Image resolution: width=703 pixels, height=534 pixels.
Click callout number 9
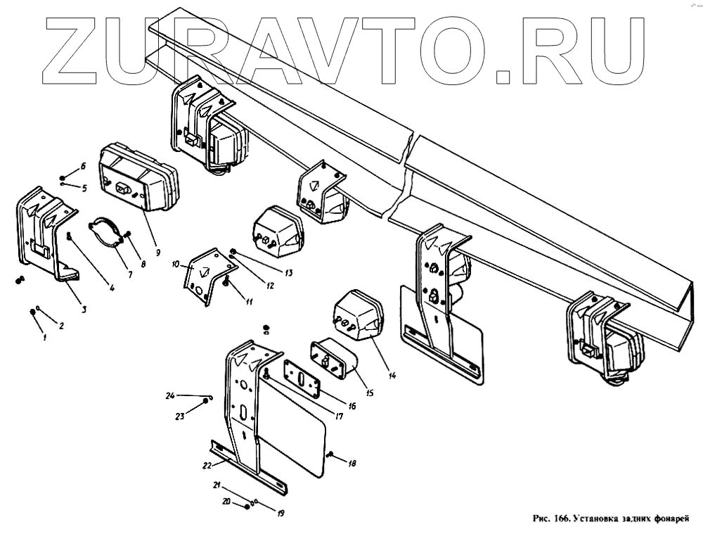(x=158, y=252)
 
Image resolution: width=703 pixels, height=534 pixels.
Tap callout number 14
(x=392, y=375)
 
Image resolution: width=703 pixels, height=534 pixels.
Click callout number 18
(x=352, y=464)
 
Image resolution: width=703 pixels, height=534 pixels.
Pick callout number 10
(x=176, y=265)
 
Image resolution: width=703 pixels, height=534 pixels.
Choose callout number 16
(x=351, y=406)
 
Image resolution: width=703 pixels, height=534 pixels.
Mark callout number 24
(x=170, y=395)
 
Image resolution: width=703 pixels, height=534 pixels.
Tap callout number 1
(x=44, y=338)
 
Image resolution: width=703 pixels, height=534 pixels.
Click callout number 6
(x=82, y=166)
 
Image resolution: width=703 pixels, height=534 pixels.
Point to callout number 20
(x=226, y=501)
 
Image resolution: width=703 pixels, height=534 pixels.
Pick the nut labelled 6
(x=63, y=178)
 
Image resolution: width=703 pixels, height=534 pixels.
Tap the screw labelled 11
(x=226, y=283)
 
